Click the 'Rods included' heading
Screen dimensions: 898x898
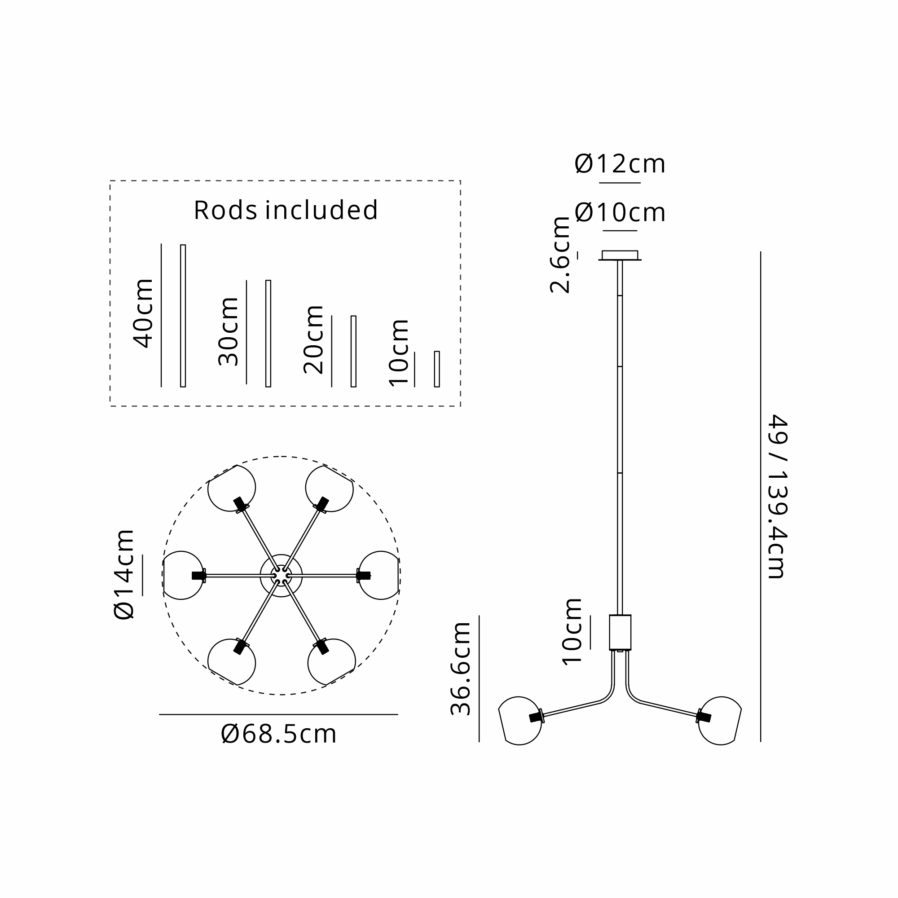coord(286,210)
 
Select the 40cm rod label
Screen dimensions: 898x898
coord(143,313)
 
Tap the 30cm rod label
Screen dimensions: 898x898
coord(229,331)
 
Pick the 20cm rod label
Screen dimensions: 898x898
coord(314,340)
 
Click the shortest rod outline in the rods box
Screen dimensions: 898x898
coord(437,369)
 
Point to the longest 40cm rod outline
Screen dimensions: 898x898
coord(183,316)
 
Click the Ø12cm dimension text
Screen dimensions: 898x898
coord(620,164)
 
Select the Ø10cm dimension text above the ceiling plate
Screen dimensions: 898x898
coord(620,212)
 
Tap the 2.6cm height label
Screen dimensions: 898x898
coord(560,255)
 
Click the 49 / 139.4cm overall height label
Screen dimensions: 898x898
coord(777,497)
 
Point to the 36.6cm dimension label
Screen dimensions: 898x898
coord(461,669)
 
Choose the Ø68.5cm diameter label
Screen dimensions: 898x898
coord(279,735)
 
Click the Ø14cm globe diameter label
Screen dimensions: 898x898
coord(124,575)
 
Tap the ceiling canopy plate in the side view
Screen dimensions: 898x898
coord(620,255)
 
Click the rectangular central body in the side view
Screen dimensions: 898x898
coord(620,632)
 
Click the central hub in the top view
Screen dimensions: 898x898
coord(281,576)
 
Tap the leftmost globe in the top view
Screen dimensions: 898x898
coord(182,576)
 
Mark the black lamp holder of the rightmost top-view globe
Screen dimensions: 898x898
coord(364,576)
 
